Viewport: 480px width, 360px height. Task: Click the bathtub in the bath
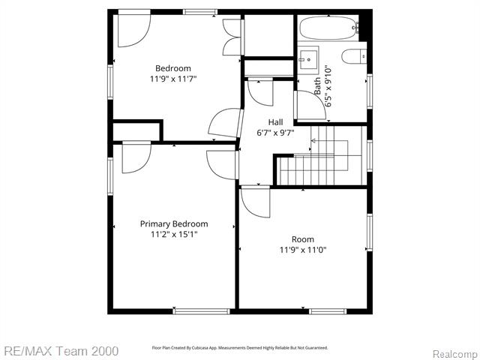328,28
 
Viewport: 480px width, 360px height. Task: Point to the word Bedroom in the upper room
173,68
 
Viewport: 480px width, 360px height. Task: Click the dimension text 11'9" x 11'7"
173,79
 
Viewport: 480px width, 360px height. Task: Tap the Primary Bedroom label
174,223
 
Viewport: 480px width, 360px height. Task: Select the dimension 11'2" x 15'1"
174,234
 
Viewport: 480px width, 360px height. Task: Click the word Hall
276,121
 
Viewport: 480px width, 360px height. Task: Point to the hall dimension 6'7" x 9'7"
276,133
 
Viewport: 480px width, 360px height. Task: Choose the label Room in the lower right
303,239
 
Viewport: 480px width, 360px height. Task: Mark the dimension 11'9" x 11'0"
303,250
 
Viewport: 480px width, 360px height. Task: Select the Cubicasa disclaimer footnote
240,348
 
